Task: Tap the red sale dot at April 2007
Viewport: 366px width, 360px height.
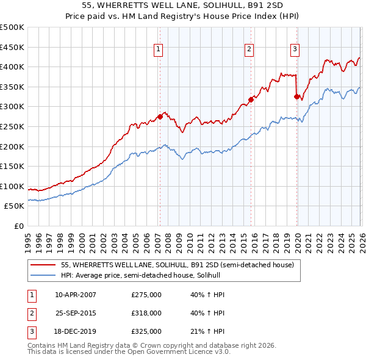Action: pyautogui.click(x=160, y=117)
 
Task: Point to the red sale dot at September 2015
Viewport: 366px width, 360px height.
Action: pyautogui.click(x=251, y=99)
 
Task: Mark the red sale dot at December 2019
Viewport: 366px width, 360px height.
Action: pyautogui.click(x=296, y=96)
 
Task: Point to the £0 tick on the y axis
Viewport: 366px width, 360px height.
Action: pyautogui.click(x=18, y=226)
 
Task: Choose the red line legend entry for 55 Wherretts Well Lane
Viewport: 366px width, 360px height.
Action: pyautogui.click(x=178, y=265)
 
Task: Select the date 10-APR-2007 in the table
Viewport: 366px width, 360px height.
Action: pyautogui.click(x=76, y=295)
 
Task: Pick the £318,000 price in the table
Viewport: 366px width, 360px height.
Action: pyautogui.click(x=146, y=313)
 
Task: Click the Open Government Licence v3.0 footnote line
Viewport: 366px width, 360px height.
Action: pyautogui.click(x=120, y=353)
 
